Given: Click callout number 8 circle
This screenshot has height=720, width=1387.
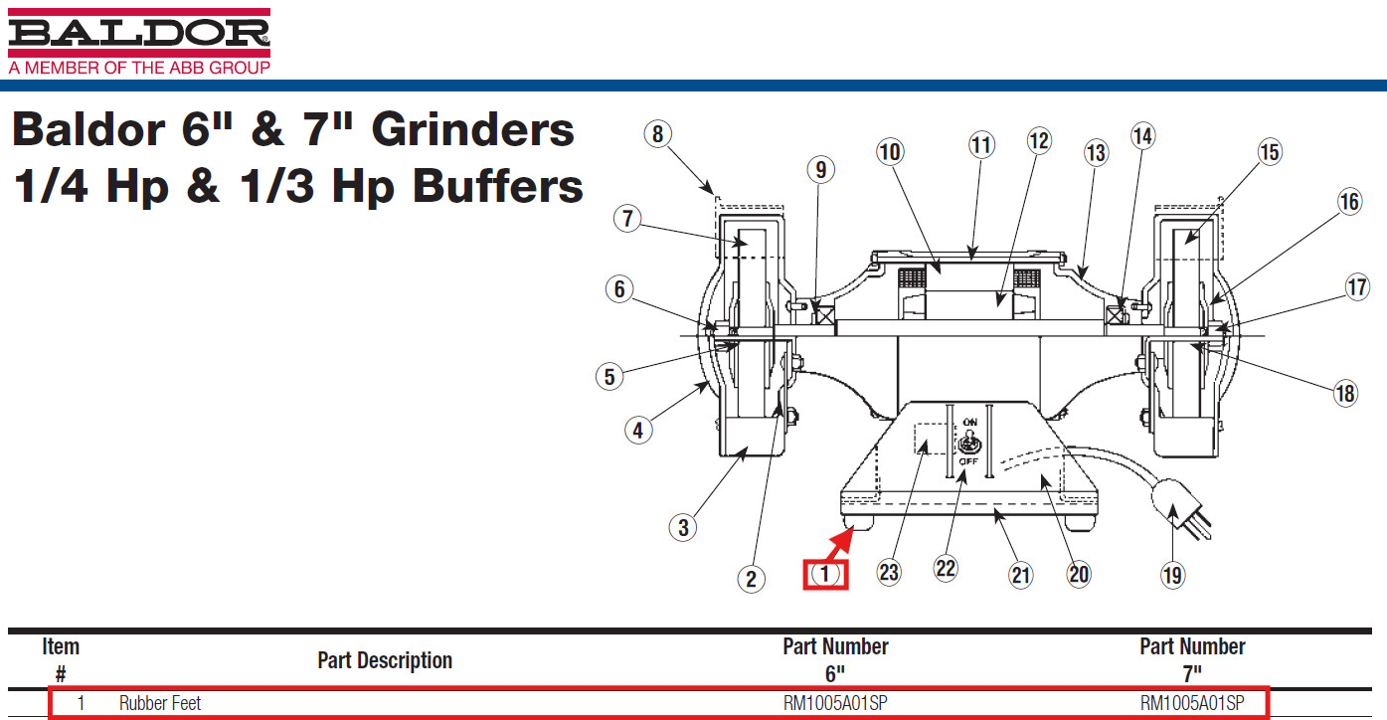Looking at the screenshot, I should point(657,133).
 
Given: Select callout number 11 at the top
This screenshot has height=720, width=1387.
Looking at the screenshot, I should point(981,145).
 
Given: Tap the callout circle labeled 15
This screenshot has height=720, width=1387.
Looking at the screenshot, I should point(1270,152).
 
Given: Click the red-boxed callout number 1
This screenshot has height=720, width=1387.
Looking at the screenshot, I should point(825,574).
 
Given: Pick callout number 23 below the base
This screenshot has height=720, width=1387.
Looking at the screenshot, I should point(889,572).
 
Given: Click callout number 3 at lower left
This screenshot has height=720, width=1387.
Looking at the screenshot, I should point(683,526).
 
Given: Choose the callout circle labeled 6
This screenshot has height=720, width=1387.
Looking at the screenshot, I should point(618,289).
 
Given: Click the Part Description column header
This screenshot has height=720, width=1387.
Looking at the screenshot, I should point(385,660).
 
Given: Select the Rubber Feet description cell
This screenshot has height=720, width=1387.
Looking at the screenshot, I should point(160,703).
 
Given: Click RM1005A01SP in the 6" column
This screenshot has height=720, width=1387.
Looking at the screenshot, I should point(835,703).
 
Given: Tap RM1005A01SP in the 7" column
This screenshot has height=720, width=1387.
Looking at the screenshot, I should point(1192,703).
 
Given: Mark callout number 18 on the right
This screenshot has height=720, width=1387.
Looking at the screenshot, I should point(1345,393).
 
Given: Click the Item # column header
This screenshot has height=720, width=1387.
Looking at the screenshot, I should point(61,659).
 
